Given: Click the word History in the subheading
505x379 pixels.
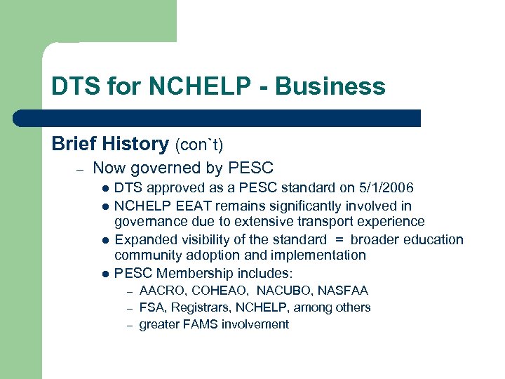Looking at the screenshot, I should coord(134,144).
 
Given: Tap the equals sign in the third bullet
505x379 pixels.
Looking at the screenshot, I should coord(339,239).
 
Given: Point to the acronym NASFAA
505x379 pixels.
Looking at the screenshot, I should coord(344,291).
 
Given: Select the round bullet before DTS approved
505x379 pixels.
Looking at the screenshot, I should coord(105,189).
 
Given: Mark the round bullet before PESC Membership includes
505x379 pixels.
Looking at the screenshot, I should coord(105,274).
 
